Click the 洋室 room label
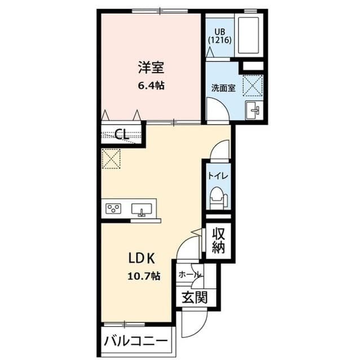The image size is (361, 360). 151,68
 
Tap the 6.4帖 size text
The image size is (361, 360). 151,86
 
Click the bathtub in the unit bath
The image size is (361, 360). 248,35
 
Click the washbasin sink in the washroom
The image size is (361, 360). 252,109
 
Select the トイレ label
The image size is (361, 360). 218,176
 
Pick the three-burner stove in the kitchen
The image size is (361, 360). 113,209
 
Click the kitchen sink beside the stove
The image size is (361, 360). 142,210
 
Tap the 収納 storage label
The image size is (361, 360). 218,240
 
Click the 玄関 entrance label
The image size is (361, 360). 194,297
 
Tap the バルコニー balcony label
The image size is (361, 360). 136,342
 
